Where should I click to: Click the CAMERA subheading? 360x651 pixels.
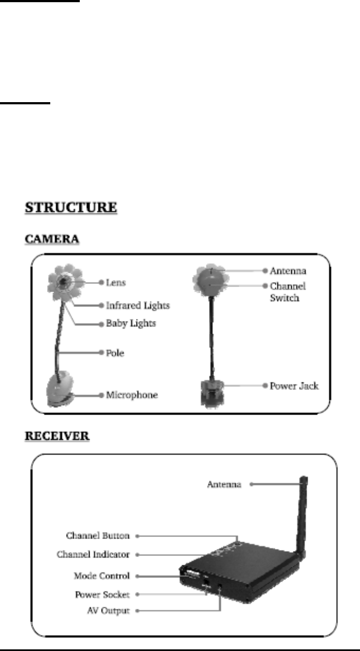point(52,239)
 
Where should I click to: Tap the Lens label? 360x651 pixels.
point(116,283)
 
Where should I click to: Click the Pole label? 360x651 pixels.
point(116,353)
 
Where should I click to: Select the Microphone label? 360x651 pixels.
point(132,395)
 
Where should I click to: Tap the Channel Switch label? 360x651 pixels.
point(287,291)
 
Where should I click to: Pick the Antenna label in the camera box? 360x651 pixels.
point(288,271)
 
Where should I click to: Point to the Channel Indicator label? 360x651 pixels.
point(93,555)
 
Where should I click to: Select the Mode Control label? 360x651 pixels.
point(102,576)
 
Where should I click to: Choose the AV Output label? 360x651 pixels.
point(107,611)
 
